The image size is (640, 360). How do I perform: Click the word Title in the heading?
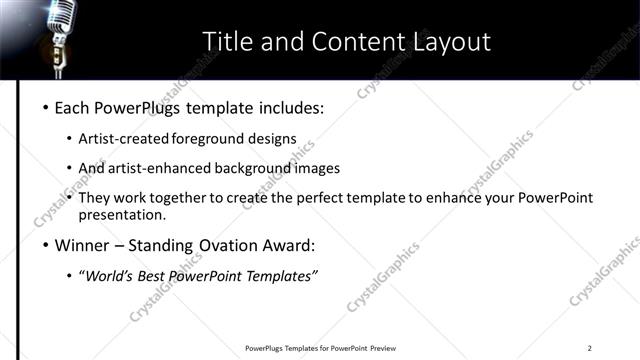click(225, 41)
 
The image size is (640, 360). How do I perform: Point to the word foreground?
click(209, 138)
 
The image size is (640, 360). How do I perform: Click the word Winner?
click(83, 245)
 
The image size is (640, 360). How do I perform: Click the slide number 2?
click(590, 348)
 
